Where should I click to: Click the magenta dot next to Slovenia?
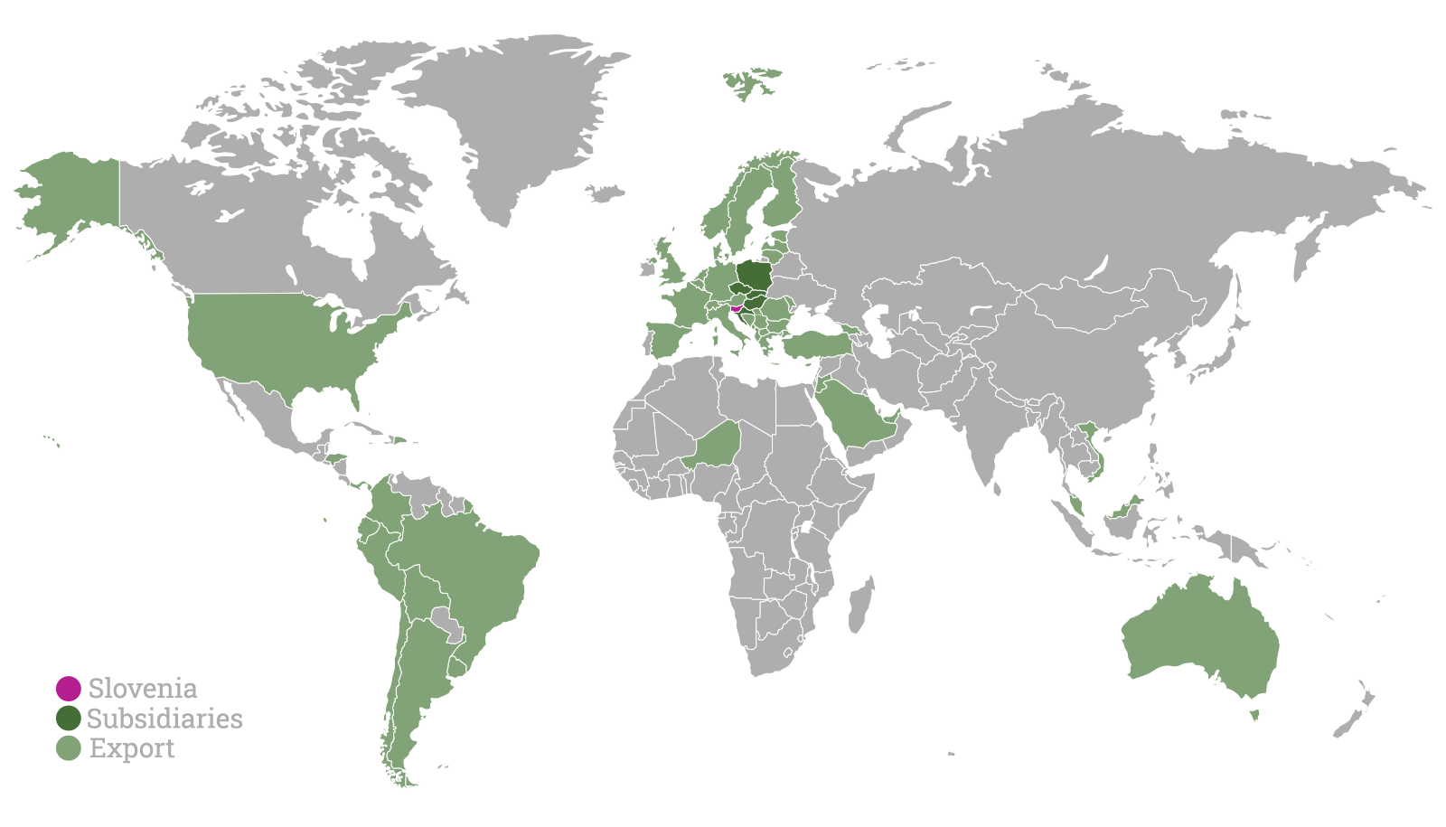(x=68, y=688)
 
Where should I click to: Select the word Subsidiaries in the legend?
(x=164, y=719)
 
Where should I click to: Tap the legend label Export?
(x=132, y=748)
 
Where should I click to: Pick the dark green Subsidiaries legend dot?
(x=68, y=719)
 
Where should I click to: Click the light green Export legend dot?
(x=68, y=748)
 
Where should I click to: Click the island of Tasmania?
(x=1254, y=716)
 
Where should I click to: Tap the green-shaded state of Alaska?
(x=72, y=199)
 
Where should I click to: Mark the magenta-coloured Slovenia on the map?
(x=737, y=309)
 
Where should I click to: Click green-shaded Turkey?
(x=818, y=344)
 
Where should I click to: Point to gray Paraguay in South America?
(x=446, y=622)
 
